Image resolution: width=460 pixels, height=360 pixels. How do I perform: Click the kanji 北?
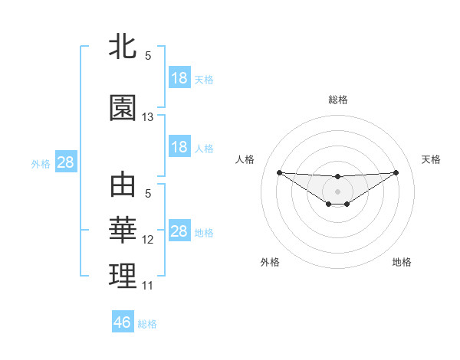coord(123,47)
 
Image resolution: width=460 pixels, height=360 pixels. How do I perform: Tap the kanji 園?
coord(123,108)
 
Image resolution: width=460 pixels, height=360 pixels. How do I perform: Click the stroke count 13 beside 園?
coord(148,117)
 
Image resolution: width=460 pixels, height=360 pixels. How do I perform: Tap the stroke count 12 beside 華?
coord(148,240)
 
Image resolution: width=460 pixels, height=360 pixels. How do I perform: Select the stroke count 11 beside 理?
coord(148,286)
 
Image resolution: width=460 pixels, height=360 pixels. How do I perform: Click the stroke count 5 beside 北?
coord(148,56)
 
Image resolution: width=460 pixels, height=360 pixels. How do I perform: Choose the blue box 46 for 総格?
coord(123,322)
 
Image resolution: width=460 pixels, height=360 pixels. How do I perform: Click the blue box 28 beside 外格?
coord(65,162)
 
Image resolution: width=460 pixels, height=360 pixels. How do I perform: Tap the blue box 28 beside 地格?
coord(179,231)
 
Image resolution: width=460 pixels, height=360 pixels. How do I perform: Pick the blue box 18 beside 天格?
coord(179,78)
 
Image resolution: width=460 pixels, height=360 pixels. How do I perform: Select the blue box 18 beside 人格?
coord(179,147)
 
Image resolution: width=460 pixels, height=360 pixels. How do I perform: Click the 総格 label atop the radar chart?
coord(338,100)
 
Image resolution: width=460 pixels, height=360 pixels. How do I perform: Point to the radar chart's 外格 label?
coord(270,262)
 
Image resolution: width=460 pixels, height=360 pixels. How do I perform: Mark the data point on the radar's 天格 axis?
coord(396,172)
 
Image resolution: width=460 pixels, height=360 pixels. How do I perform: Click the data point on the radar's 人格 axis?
coord(279,172)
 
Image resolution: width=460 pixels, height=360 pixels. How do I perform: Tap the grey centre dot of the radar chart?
coord(337,191)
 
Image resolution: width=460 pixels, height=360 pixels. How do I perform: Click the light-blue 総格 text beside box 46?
coord(147,324)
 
